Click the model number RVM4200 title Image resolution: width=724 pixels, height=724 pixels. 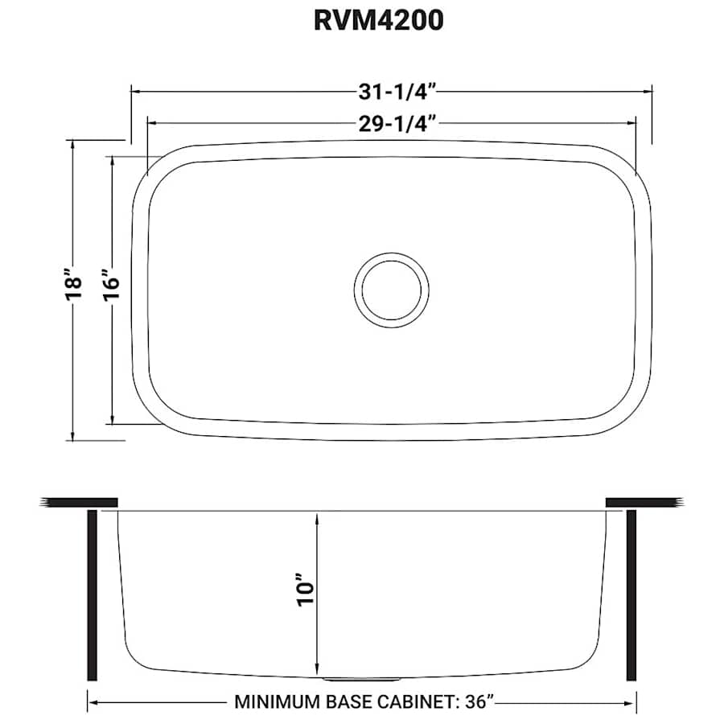(378, 21)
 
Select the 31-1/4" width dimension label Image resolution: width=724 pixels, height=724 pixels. (392, 92)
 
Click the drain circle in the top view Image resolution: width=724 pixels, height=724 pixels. (391, 289)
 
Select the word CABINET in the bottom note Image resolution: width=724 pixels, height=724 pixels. (413, 701)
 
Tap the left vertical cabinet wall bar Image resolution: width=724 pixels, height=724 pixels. (92, 595)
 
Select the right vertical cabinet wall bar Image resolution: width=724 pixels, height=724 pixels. (631, 595)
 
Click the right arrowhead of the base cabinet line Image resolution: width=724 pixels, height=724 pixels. (631, 701)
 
